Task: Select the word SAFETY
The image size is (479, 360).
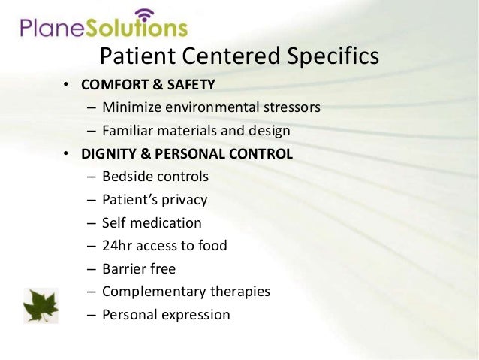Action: click(x=192, y=84)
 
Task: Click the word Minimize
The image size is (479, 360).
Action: click(x=131, y=107)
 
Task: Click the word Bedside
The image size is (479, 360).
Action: click(x=126, y=177)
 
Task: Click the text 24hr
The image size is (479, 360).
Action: click(x=117, y=246)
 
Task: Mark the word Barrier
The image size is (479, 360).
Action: click(x=124, y=268)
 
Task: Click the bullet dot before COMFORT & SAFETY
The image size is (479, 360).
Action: click(x=65, y=85)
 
